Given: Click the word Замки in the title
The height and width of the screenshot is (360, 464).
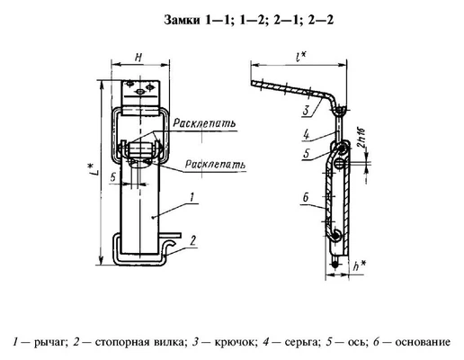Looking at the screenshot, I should click(x=186, y=21).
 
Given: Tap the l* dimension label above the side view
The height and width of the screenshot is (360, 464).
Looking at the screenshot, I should click(x=296, y=56).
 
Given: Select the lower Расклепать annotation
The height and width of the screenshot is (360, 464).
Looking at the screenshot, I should click(x=212, y=165).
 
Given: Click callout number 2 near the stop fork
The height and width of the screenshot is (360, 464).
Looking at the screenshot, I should click(x=193, y=239).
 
